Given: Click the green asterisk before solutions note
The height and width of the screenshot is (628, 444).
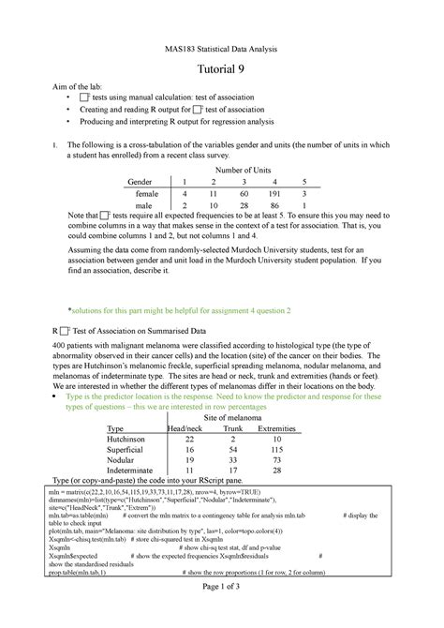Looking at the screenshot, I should (71, 308).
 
